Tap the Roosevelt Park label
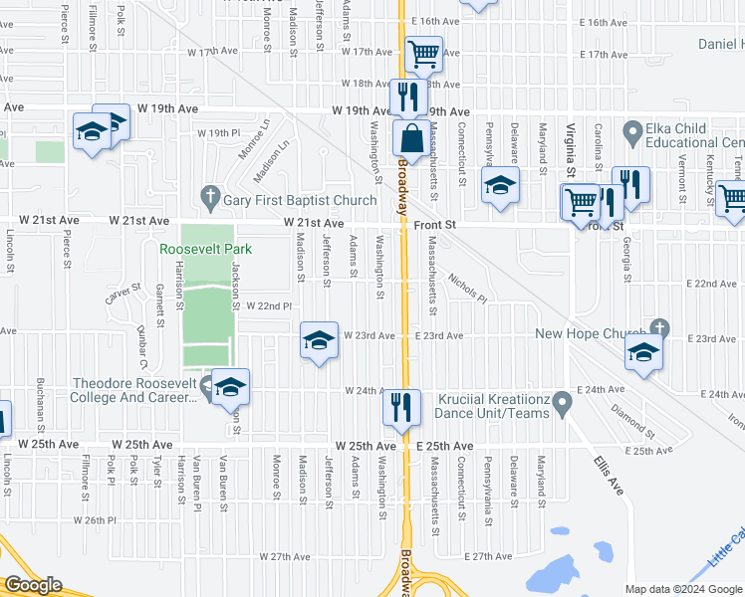206,249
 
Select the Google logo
33,585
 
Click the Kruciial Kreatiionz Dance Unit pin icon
563,404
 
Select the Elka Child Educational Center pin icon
631,130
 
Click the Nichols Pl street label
466,287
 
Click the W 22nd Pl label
269,306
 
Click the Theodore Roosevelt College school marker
230,386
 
